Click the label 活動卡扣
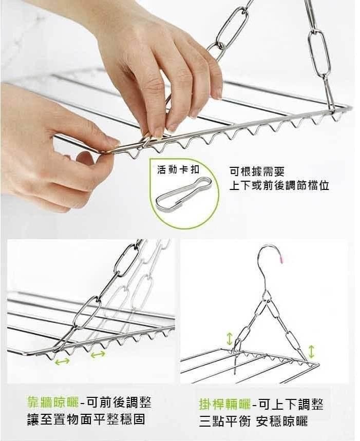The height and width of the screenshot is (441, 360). point(178,169)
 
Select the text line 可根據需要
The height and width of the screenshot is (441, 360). point(257,171)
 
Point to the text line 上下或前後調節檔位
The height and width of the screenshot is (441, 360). point(279,186)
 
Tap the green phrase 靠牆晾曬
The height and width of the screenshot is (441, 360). point(53,402)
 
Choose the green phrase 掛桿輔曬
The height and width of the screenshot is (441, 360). point(225,404)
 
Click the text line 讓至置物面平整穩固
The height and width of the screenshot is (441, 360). point(86,419)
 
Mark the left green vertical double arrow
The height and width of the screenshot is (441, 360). point(230,339)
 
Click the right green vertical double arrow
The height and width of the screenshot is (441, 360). point(311,352)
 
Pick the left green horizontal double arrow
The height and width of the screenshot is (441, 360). point(63,361)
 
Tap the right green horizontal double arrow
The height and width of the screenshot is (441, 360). point(99,355)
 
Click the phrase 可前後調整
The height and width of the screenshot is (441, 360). point(119,402)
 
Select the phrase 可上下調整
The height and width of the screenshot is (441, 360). point(291,404)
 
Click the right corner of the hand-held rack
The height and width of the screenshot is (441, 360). point(350,107)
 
